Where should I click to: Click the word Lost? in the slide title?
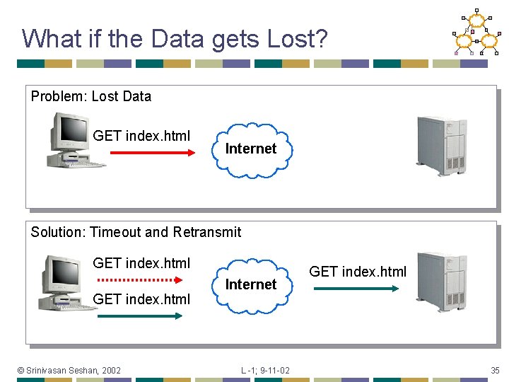tap(298, 38)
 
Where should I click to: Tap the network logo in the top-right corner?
tap(475, 32)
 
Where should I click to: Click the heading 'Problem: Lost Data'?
tap(90, 96)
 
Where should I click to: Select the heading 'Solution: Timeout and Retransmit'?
tap(136, 232)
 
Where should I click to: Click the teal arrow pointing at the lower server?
tap(356, 288)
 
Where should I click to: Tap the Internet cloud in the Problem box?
tap(250, 149)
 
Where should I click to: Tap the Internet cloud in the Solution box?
tap(250, 284)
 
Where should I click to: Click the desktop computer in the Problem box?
tap(75, 140)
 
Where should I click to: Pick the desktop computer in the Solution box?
tap(69, 282)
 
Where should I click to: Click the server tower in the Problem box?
tap(441, 146)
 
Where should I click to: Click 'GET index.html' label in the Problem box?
tap(141, 135)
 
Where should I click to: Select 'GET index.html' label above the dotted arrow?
tap(141, 263)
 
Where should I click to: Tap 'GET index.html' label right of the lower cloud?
tap(358, 272)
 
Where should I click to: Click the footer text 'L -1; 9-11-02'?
tap(265, 370)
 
